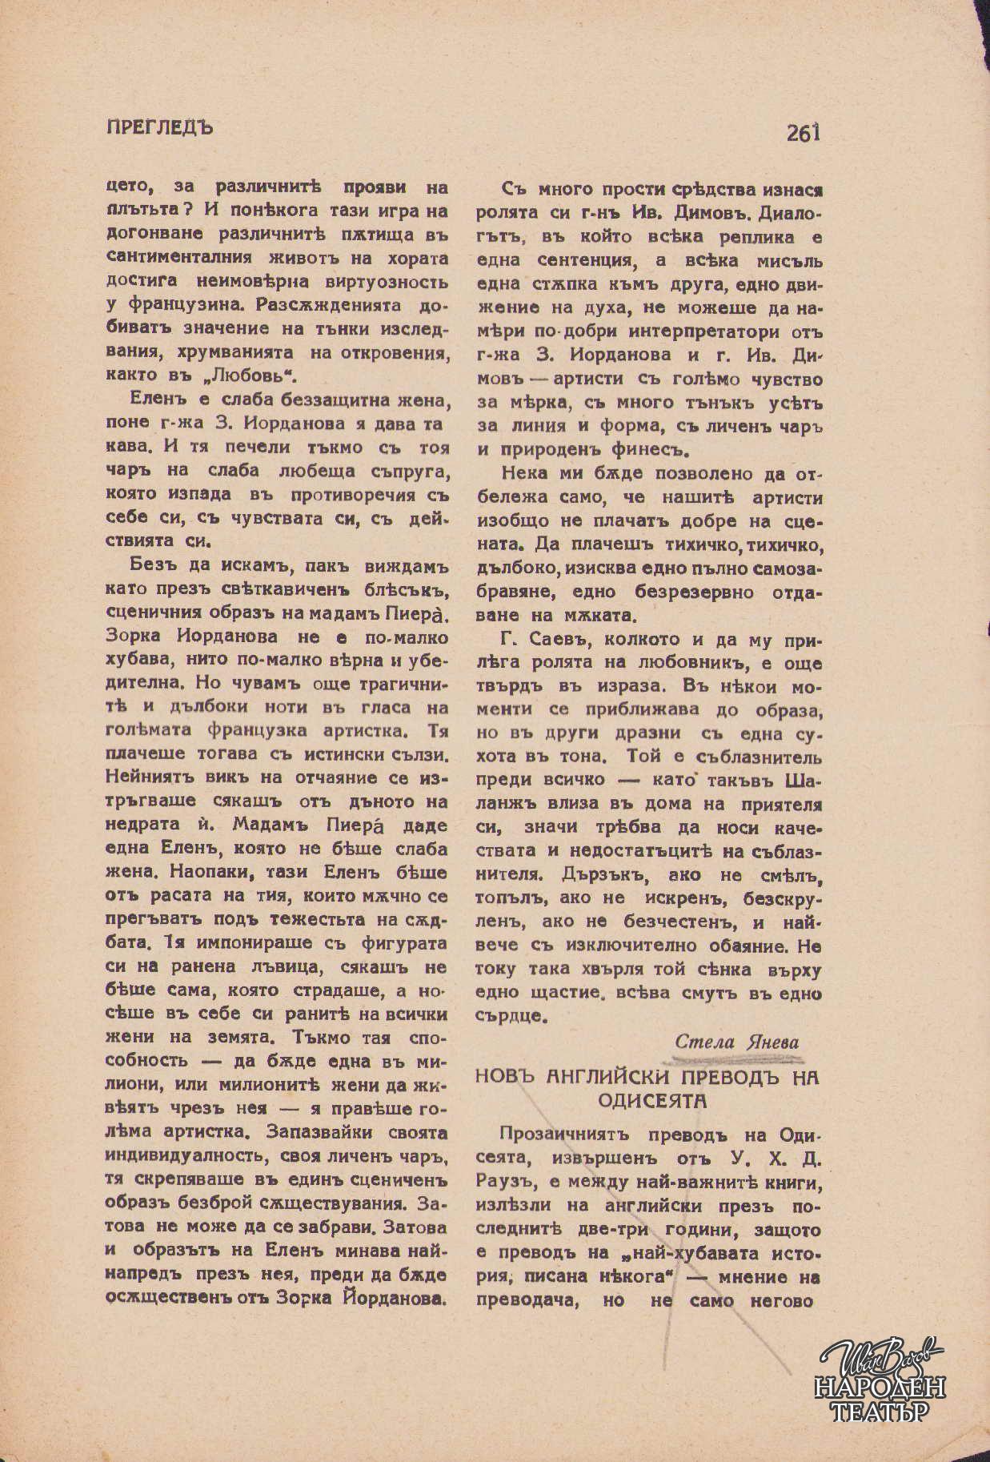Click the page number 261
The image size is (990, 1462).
[804, 133]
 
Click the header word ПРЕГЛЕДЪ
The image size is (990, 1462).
[159, 127]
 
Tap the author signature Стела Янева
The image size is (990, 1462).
[736, 1041]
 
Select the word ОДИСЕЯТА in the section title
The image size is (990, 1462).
[652, 1101]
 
